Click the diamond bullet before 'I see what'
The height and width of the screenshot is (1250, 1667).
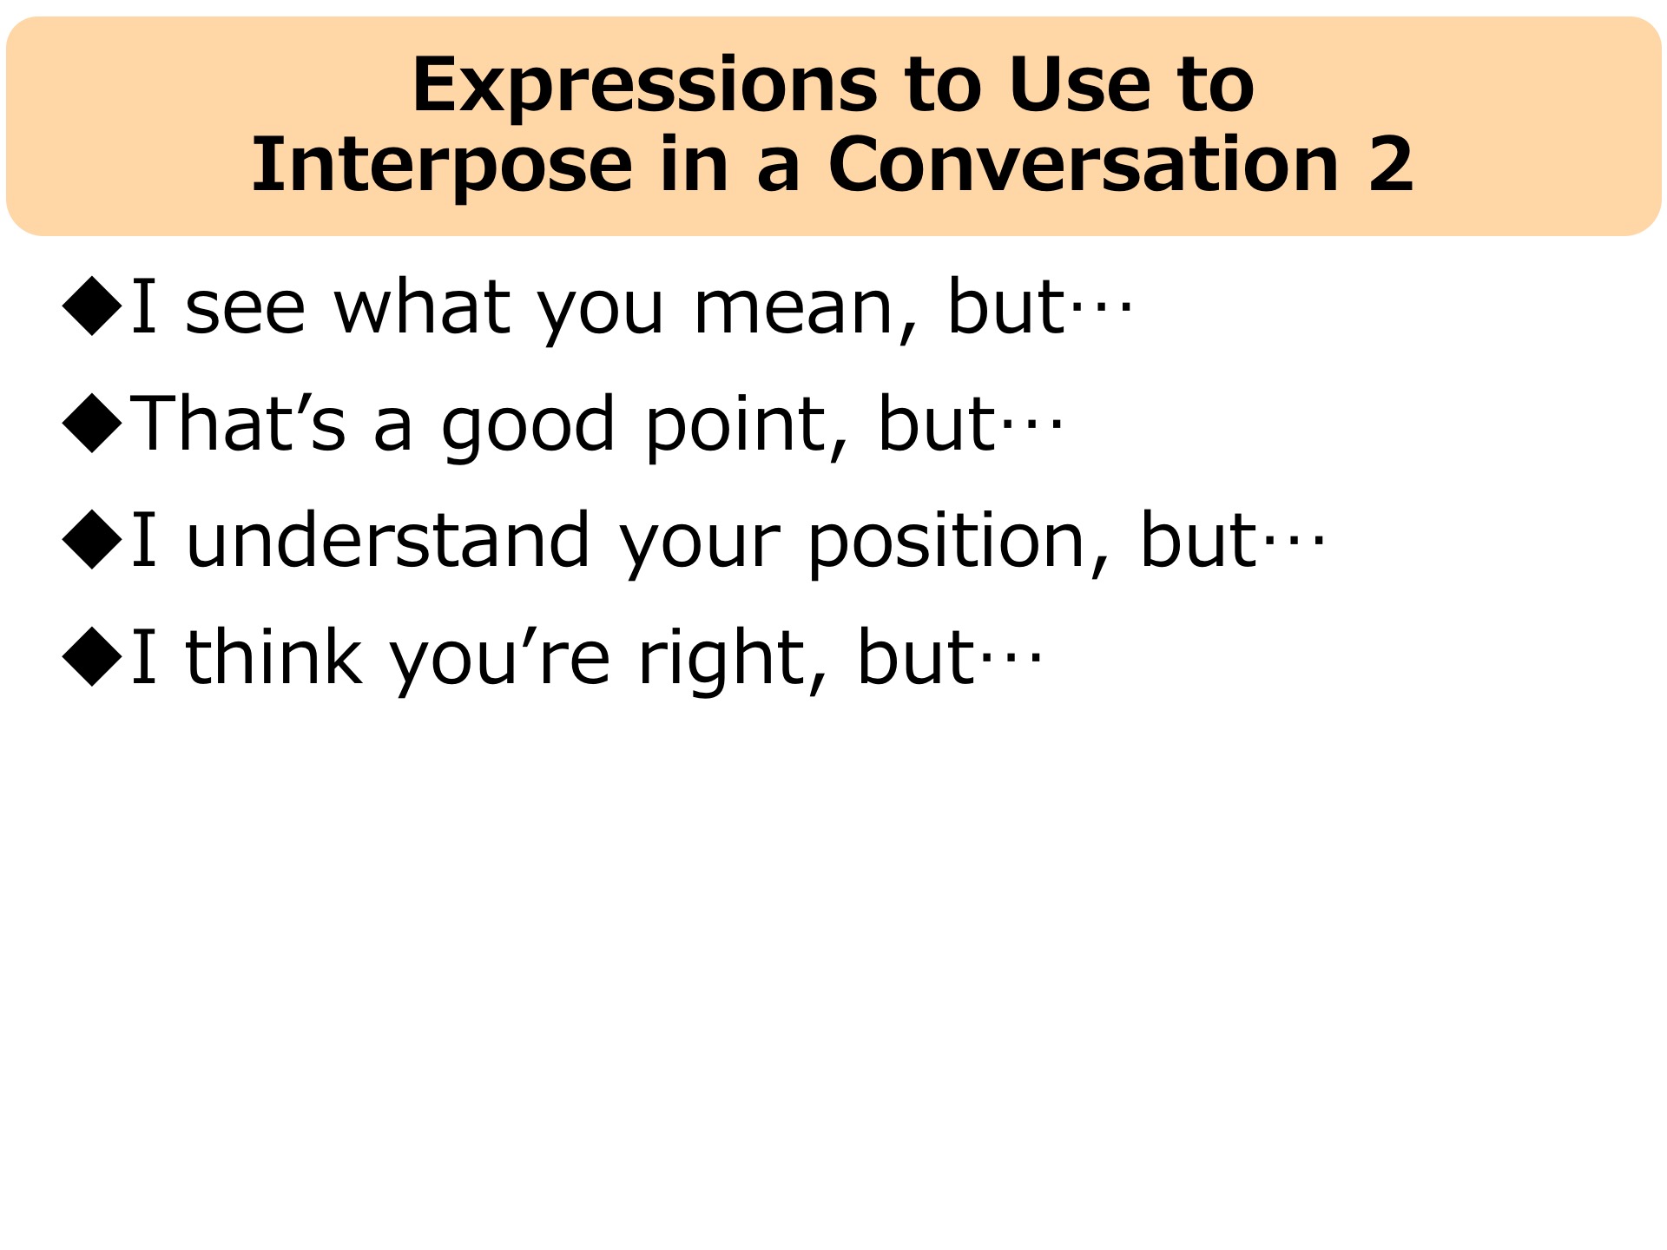click(92, 306)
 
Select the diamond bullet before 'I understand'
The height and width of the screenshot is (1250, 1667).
click(92, 539)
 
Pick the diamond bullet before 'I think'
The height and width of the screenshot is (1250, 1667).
click(92, 656)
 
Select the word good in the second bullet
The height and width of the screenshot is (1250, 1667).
click(528, 425)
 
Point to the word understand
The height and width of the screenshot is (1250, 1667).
click(388, 539)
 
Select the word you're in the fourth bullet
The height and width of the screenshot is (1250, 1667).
click(499, 661)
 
